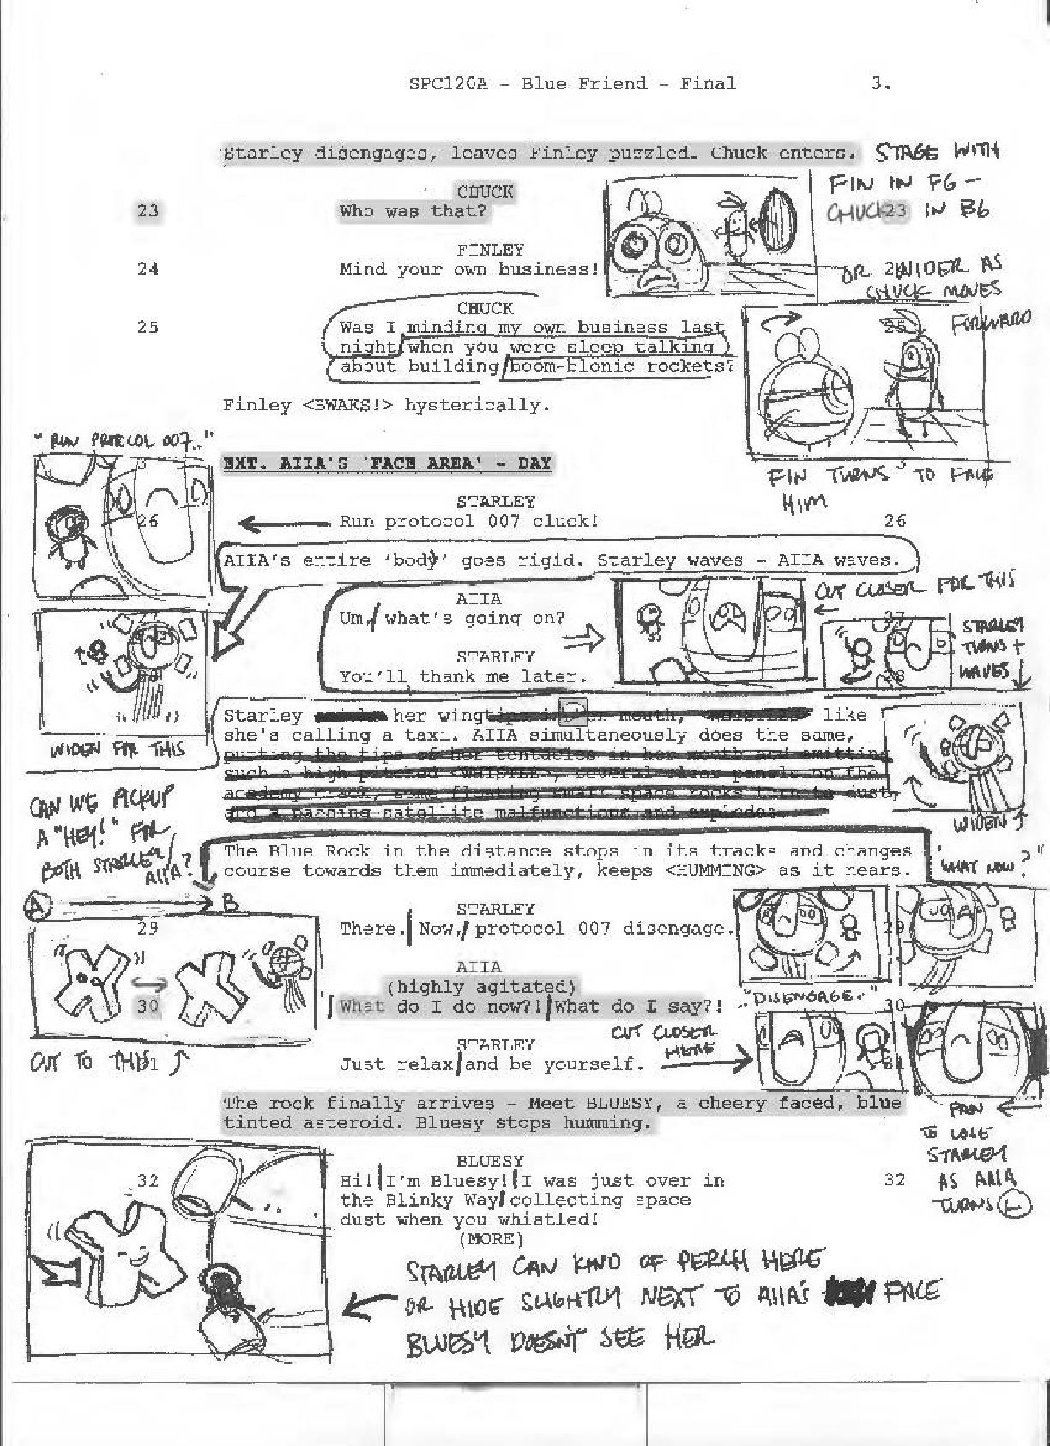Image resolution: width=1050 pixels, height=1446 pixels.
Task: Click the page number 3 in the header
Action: pyautogui.click(x=878, y=83)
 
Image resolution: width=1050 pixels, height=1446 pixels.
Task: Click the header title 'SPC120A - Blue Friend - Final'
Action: pyautogui.click(x=572, y=83)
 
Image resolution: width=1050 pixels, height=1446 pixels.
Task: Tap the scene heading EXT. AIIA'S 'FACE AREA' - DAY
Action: pyautogui.click(x=387, y=463)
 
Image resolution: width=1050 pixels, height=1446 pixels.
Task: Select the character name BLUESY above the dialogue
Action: pyautogui.click(x=490, y=1161)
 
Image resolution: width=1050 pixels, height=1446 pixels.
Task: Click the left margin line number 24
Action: pyautogui.click(x=148, y=269)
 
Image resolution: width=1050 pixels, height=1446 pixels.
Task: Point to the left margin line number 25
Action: pyautogui.click(x=148, y=327)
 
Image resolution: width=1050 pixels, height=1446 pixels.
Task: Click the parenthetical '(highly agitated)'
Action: pyautogui.click(x=482, y=987)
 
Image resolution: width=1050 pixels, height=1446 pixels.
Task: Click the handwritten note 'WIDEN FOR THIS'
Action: pyautogui.click(x=118, y=748)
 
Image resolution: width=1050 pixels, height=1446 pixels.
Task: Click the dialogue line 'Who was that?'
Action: pyautogui.click(x=413, y=210)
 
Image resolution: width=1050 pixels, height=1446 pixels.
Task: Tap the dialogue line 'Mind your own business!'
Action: pyautogui.click(x=468, y=269)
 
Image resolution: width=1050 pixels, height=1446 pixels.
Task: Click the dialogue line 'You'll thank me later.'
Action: pyautogui.click(x=458, y=676)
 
